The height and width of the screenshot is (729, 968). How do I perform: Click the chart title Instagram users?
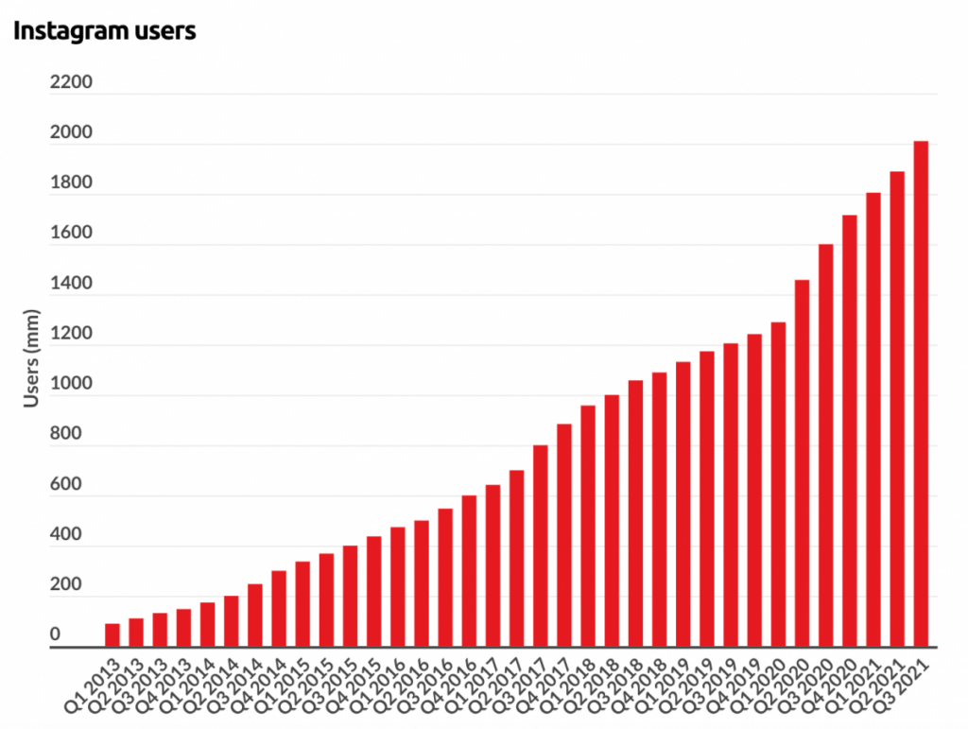click(x=104, y=30)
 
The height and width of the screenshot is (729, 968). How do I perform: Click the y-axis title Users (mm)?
click(x=31, y=358)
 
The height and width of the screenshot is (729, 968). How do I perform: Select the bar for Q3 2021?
click(x=921, y=394)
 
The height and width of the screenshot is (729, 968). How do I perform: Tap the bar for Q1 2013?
click(x=112, y=635)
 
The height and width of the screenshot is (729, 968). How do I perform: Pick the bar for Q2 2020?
click(x=802, y=463)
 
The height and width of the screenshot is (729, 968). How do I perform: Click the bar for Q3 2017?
click(x=540, y=547)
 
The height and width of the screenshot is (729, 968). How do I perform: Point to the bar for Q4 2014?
click(x=279, y=609)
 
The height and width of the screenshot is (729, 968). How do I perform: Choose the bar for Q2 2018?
click(x=612, y=521)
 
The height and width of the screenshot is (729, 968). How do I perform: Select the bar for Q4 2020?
click(x=850, y=431)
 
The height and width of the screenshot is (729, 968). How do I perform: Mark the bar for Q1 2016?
click(x=398, y=587)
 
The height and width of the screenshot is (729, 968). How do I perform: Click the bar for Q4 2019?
click(x=754, y=491)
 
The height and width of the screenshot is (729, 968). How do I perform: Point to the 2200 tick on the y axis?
click(x=71, y=81)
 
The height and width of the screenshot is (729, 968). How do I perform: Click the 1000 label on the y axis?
click(x=71, y=383)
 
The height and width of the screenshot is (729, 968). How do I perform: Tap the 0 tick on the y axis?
click(x=56, y=634)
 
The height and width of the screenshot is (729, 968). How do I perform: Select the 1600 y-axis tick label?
click(x=71, y=233)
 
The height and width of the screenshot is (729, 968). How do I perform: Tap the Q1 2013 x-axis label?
click(x=92, y=686)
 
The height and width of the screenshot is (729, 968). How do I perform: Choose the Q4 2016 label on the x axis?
click(x=448, y=686)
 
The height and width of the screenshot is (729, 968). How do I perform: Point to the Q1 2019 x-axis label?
click(x=662, y=686)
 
